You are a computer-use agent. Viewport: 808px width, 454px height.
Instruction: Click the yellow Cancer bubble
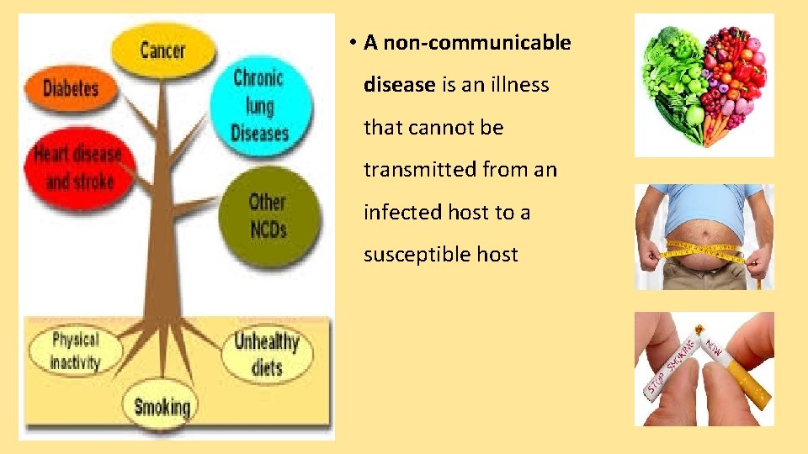pyautogui.click(x=162, y=50)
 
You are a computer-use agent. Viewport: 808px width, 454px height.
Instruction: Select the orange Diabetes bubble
pyautogui.click(x=71, y=88)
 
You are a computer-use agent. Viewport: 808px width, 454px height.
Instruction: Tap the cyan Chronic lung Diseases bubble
pyautogui.click(x=260, y=105)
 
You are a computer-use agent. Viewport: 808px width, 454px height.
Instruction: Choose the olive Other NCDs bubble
pyautogui.click(x=268, y=214)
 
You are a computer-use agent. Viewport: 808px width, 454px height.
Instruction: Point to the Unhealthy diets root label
pyautogui.click(x=267, y=354)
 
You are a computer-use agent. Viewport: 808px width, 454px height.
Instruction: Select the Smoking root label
pyautogui.click(x=162, y=408)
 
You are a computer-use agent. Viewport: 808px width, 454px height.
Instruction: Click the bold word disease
pyautogui.click(x=399, y=85)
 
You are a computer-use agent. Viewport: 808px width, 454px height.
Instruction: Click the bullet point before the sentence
pyautogui.click(x=356, y=43)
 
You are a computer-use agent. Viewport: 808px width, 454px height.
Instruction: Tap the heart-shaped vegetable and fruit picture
pyautogui.click(x=704, y=85)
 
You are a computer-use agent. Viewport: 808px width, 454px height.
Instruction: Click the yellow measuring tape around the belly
pyautogui.click(x=703, y=251)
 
